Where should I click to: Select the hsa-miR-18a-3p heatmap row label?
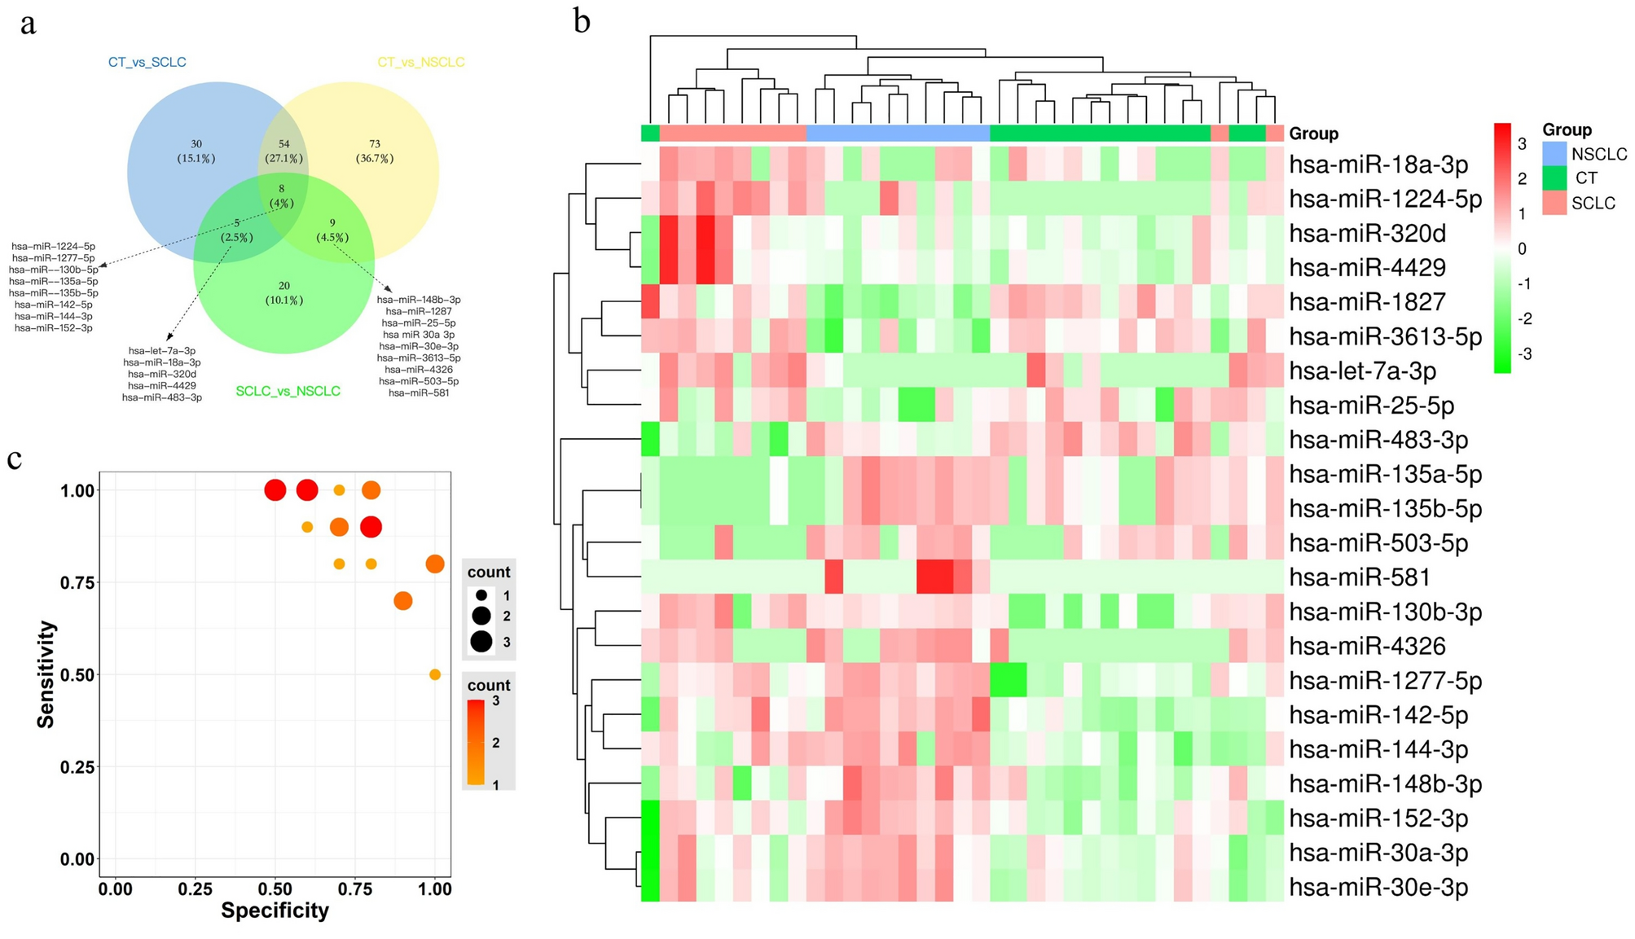point(1378,165)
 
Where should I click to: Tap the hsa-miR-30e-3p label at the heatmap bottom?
point(1378,887)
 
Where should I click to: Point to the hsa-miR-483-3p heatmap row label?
point(1378,440)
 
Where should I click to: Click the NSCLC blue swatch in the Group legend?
point(1554,154)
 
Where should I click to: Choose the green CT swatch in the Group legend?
point(1554,178)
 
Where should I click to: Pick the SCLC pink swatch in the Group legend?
point(1554,203)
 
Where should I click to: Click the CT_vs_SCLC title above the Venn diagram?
point(147,62)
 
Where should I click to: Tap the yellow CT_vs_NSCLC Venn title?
point(420,62)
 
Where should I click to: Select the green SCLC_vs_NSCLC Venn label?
point(288,391)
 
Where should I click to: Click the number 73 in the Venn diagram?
point(375,144)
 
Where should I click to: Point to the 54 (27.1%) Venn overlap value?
point(283,151)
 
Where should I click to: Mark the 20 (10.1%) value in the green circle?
point(283,292)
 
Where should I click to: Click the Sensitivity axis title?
point(46,674)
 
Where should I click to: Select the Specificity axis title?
point(275,910)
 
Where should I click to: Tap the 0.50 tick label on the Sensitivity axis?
point(77,674)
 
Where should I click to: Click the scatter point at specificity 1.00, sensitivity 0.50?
point(435,674)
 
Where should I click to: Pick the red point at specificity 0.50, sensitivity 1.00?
point(275,490)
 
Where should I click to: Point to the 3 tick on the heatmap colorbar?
point(1522,144)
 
